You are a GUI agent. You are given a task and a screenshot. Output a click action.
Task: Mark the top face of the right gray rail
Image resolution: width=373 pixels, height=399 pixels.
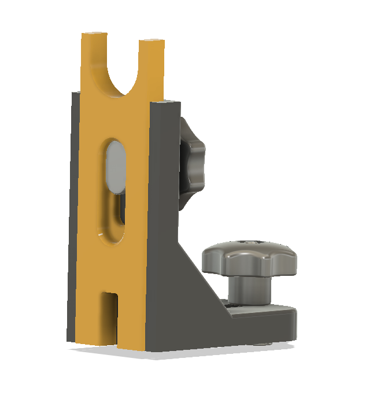pyautogui.click(x=165, y=104)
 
